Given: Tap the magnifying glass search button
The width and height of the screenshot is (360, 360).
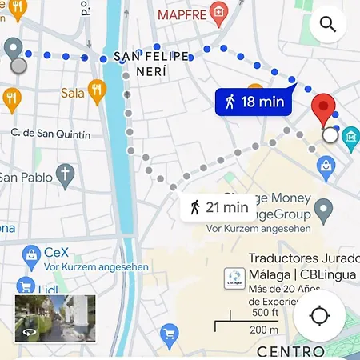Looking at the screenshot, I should tap(327, 25).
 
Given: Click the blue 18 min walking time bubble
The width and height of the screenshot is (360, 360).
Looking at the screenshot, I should tap(250, 102).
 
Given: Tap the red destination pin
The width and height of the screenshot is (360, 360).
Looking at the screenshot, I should tap(323, 109).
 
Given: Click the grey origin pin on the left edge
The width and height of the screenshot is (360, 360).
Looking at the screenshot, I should tap(14, 50).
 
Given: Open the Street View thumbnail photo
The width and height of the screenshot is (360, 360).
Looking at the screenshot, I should tap(55, 318).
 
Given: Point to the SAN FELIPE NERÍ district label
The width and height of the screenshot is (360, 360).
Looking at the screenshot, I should tap(151, 63).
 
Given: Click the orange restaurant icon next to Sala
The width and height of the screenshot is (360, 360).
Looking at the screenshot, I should tap(97, 90).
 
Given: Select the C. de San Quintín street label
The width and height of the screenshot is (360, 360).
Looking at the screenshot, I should tap(50, 134).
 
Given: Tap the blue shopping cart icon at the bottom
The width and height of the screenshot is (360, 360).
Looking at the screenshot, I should tap(169, 332).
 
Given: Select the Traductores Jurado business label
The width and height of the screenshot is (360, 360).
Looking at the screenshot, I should tap(302, 258).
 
